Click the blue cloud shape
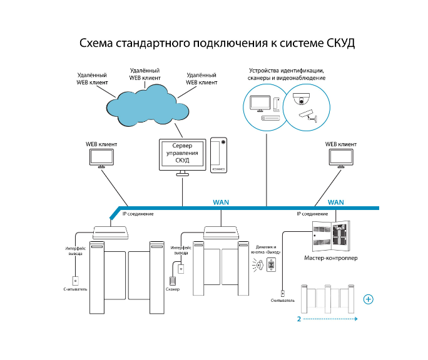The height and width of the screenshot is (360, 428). [x=148, y=106]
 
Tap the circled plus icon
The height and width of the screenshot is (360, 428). [x=368, y=299]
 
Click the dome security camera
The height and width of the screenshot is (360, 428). [x=302, y=99]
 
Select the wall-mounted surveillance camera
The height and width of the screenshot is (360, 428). [x=308, y=116]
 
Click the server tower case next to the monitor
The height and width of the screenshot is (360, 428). [x=218, y=155]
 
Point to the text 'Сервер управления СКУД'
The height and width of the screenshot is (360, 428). [x=182, y=152]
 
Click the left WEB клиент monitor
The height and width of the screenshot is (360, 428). [x=101, y=159]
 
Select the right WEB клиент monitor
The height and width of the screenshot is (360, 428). [x=341, y=159]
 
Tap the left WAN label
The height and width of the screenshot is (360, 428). [x=221, y=202]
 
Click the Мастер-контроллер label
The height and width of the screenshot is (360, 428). [x=331, y=257]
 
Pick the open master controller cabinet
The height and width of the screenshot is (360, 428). [x=331, y=236]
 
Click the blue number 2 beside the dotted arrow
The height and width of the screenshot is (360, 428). [x=299, y=319]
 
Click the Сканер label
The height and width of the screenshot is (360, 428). [x=173, y=289]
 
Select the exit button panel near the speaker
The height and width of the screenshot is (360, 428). [x=272, y=264]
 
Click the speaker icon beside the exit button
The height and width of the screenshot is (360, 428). [x=258, y=264]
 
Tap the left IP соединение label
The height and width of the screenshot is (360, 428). [x=138, y=214]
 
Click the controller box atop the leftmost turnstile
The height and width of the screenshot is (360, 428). [x=111, y=232]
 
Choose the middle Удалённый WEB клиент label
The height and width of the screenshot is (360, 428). [x=145, y=74]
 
